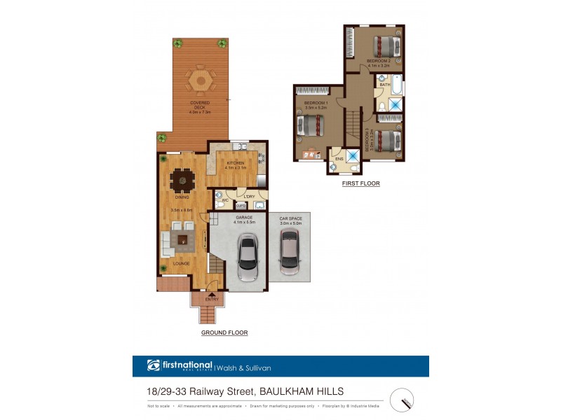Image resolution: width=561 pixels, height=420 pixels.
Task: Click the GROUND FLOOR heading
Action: [224, 332]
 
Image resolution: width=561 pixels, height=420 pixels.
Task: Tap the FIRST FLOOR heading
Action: [360, 183]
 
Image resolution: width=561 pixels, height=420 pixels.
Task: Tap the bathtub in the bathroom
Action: [397, 85]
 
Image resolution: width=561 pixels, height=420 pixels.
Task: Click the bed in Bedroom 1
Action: [310, 126]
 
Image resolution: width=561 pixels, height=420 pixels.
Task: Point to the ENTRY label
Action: [212, 300]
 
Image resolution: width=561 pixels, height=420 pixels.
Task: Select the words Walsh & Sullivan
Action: [245, 367]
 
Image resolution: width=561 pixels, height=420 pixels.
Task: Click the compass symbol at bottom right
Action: [402, 400]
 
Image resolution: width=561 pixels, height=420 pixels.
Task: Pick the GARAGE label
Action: [244, 218]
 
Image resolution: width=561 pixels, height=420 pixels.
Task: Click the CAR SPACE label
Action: [289, 218]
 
